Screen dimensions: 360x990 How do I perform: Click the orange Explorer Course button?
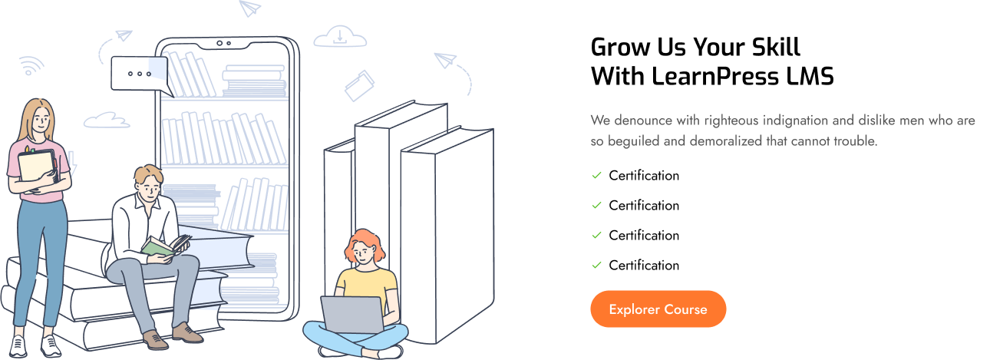pyautogui.click(x=658, y=309)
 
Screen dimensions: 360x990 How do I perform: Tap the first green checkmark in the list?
pyautogui.click(x=596, y=175)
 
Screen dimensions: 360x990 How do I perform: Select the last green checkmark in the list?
pyautogui.click(x=596, y=264)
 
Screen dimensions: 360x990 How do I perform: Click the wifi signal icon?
pyautogui.click(x=31, y=66)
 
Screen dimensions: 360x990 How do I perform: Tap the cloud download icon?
pyautogui.click(x=339, y=36)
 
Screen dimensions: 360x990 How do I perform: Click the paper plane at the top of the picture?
pyautogui.click(x=249, y=8)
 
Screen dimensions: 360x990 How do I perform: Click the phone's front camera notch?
pyautogui.click(x=224, y=44)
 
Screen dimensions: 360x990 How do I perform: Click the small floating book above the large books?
pyautogui.click(x=358, y=85)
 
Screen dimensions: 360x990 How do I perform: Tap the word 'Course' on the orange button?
pyautogui.click(x=685, y=309)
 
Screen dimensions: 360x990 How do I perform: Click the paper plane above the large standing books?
pyautogui.click(x=445, y=59)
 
